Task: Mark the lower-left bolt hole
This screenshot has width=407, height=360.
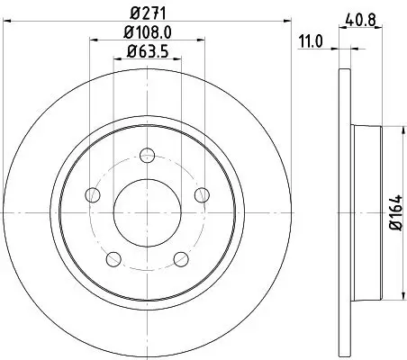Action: click(113, 259)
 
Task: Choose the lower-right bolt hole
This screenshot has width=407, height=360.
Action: click(182, 259)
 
